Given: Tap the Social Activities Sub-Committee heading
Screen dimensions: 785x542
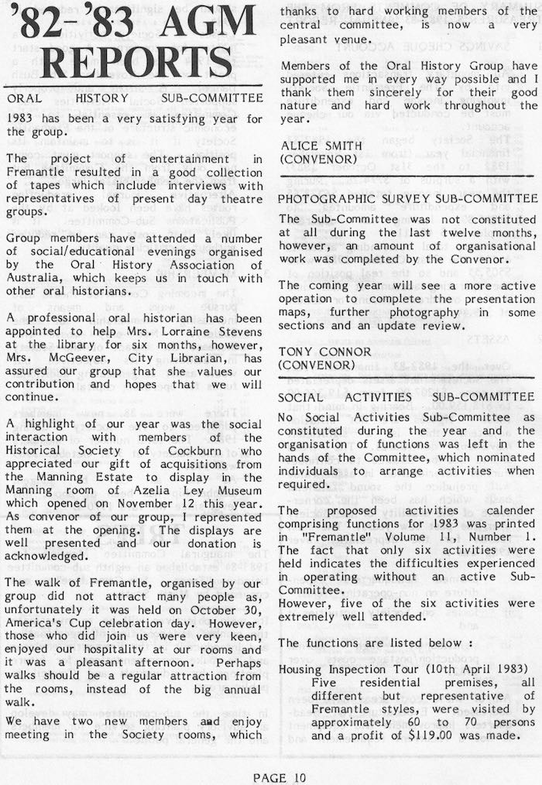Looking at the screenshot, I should pyautogui.click(x=406, y=396).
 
